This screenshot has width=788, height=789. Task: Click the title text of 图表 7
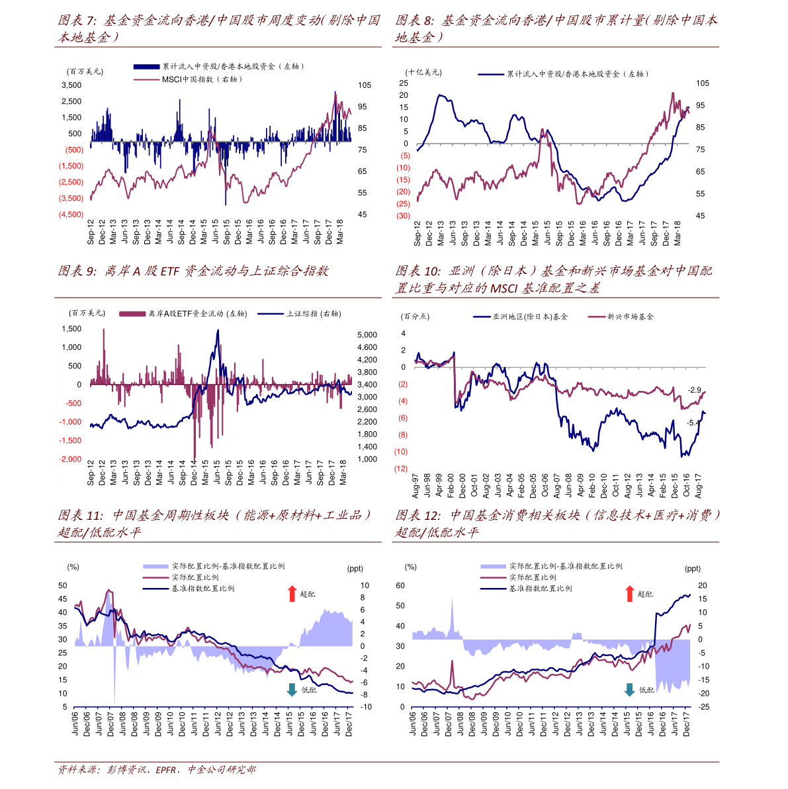(218, 28)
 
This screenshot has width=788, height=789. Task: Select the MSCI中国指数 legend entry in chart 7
(189, 79)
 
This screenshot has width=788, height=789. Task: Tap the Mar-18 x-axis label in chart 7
(340, 232)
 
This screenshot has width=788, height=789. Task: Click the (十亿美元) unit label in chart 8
(423, 73)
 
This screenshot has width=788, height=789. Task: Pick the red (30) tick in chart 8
(403, 216)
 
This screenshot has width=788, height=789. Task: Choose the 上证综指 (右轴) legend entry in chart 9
(300, 314)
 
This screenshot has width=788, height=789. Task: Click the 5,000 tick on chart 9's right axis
(367, 335)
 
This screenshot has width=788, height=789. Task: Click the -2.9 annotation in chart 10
(694, 390)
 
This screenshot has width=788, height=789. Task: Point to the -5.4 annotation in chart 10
(693, 423)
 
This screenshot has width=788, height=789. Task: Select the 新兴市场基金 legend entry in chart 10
(621, 317)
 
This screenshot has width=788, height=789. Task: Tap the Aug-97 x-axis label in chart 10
(416, 485)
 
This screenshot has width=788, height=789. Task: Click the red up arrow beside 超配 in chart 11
(292, 594)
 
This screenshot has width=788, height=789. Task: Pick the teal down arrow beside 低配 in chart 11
(292, 690)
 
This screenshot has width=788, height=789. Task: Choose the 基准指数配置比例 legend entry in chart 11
(189, 589)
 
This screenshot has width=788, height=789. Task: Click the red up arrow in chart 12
(629, 594)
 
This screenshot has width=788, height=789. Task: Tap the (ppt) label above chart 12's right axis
(692, 569)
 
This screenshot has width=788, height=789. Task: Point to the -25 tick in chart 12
(703, 707)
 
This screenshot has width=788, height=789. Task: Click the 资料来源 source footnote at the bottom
(157, 770)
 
